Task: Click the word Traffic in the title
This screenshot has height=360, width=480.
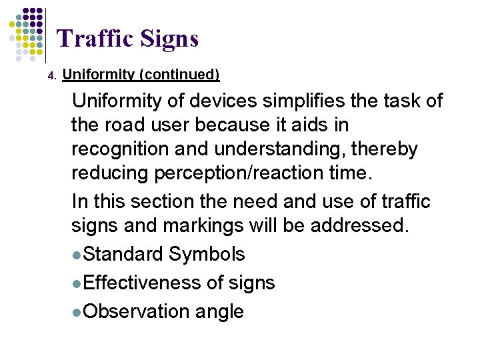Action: pos(96,39)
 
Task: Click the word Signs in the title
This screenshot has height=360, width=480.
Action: pos(170,39)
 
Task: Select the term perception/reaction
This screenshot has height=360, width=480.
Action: pos(241,173)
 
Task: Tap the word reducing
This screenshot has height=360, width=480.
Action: pos(111,173)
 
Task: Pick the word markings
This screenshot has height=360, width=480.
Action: pos(196,225)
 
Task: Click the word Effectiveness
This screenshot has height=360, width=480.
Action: pos(143,283)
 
